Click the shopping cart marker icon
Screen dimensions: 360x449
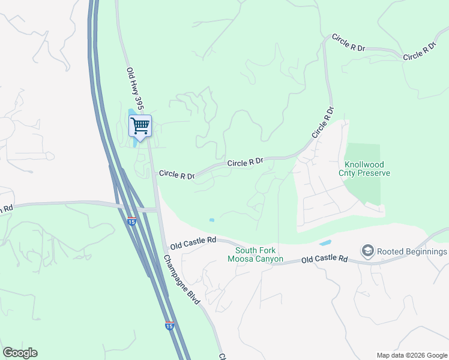[140, 126]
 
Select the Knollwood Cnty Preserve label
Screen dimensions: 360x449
[367, 169]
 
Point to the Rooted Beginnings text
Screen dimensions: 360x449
[412, 251]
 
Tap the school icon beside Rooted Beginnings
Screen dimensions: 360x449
[367, 250]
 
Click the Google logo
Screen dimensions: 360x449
[20, 353]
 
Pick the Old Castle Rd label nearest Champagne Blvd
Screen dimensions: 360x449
[193, 243]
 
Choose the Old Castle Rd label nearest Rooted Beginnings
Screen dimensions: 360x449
[324, 259]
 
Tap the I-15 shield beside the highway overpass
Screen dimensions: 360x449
[131, 221]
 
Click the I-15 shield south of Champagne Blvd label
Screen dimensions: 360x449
[169, 326]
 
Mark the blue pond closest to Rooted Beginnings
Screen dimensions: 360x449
[325, 243]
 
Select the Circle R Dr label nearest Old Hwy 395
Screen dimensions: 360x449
[176, 175]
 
